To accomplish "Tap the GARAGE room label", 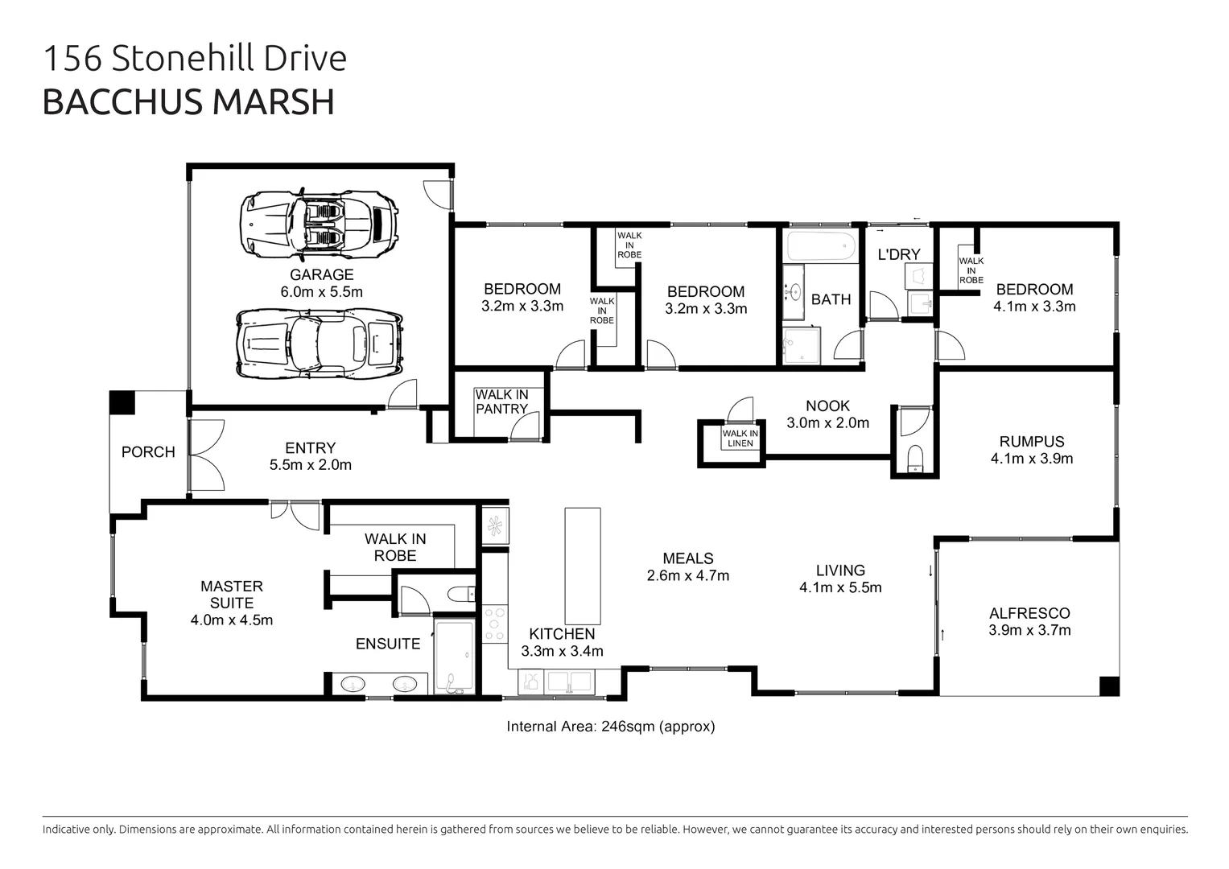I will point(321,274).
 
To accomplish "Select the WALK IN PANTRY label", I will point(501,402).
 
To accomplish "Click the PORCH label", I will point(148,452).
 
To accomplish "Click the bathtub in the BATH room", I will point(819,245).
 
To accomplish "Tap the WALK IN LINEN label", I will point(740,439).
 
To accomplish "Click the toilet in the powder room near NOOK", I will point(915,459).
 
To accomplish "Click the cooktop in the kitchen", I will point(495,625).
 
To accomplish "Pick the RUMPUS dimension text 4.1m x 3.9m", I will point(1031,459).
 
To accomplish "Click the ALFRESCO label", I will point(1029,613).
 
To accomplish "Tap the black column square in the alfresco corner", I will point(1108,686).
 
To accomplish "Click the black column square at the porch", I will point(122,402).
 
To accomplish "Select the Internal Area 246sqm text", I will point(610,727).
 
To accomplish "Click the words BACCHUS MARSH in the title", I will point(188,102).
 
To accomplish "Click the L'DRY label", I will point(898,254).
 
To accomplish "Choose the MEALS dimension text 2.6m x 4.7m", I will point(687,576).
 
